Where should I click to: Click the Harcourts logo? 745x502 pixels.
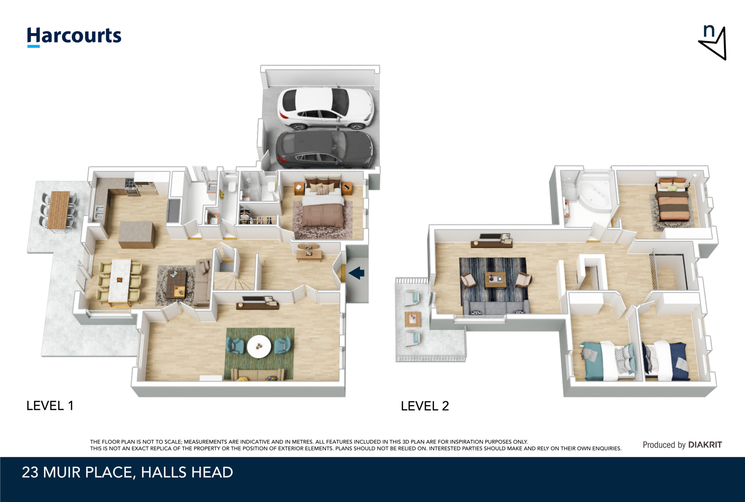tap(74, 37)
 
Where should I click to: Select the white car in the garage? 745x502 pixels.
tap(325, 108)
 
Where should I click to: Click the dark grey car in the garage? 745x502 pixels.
tap(324, 150)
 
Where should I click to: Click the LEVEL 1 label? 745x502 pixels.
tap(50, 406)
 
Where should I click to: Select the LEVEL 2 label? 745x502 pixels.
tap(425, 406)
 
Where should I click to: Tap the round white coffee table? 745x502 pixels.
tap(259, 346)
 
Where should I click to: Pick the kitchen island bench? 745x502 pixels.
tap(137, 235)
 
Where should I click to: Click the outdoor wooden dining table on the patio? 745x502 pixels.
tap(59, 210)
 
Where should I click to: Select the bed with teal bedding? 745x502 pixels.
tap(607, 360)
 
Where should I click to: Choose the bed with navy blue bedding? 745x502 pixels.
tap(666, 360)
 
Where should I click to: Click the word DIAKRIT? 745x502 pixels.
tap(705, 445)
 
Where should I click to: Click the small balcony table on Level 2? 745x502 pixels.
tap(413, 319)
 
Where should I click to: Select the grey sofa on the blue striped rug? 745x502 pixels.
tap(496, 307)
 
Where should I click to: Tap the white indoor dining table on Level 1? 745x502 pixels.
tap(120, 280)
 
